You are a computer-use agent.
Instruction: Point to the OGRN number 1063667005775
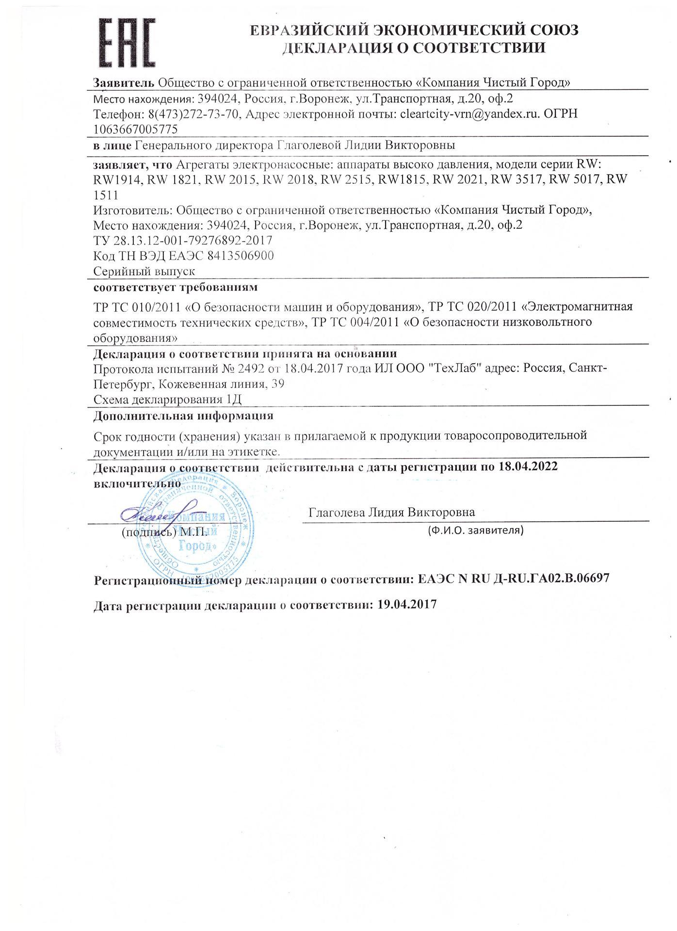[135, 129]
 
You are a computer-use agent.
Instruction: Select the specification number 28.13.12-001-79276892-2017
[191, 241]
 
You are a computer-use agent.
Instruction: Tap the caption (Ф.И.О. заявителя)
[475, 530]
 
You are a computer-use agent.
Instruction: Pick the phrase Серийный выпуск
[144, 271]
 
